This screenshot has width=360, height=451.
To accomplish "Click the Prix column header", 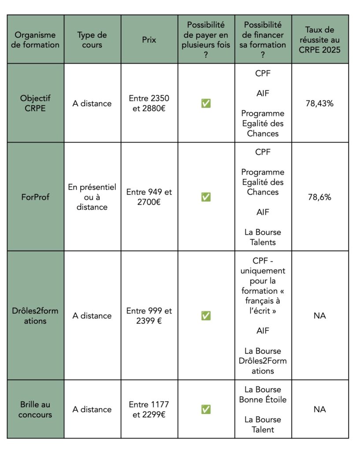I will [149, 40].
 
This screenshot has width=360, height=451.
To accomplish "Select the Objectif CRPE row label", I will [35, 104].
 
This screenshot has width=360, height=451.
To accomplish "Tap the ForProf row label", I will [35, 197].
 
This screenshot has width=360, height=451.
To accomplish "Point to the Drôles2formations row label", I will [35, 316].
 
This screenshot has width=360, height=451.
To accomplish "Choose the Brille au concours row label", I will [35, 409].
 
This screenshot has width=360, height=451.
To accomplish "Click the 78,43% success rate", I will [319, 104].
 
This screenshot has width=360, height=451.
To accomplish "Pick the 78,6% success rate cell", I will [319, 197].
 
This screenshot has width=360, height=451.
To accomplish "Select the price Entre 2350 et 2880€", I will [149, 104].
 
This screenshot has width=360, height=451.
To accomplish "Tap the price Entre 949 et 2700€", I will [149, 197].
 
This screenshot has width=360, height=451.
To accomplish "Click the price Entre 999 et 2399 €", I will [149, 316].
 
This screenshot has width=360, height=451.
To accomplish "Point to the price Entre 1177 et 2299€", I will [149, 409].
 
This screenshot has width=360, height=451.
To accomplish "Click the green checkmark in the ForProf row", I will [206, 197].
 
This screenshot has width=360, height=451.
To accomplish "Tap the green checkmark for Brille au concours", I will [206, 409].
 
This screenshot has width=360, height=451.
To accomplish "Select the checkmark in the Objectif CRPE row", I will [206, 104].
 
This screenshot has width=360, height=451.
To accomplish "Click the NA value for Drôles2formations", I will [319, 316].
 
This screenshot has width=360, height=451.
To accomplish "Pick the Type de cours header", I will [93, 40].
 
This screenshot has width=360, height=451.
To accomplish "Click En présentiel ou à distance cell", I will [93, 197].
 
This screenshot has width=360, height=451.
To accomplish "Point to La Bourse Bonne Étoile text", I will [263, 395].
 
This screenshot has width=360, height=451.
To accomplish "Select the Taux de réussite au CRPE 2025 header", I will [319, 40].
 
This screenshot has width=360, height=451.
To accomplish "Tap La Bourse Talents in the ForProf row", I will [263, 237].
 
